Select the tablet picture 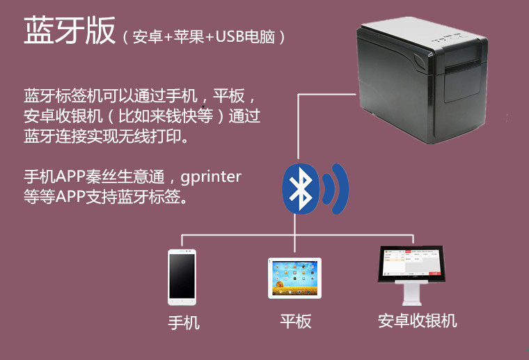tap(294, 278)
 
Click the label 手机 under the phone tap(184, 323)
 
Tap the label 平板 tap(295, 322)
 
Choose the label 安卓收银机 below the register tap(417, 321)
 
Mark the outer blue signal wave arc tap(342, 189)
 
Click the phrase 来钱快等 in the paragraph tap(188, 116)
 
